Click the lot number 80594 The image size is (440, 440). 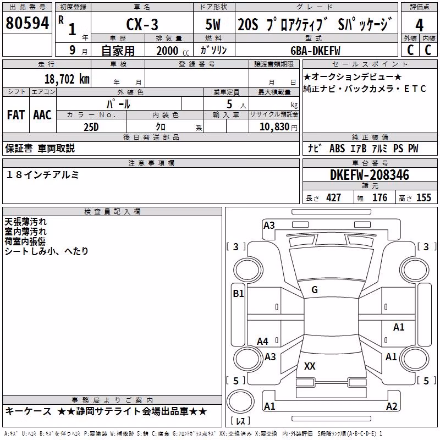click(27, 23)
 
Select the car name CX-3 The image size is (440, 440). click(142, 24)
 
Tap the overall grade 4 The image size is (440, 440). click(419, 25)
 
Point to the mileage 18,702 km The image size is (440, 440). click(67, 79)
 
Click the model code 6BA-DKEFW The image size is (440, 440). click(315, 51)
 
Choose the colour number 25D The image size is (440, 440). click(91, 127)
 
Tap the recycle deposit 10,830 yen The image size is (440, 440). click(278, 127)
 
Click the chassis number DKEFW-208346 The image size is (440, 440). click(370, 175)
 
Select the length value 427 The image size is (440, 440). click(333, 197)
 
